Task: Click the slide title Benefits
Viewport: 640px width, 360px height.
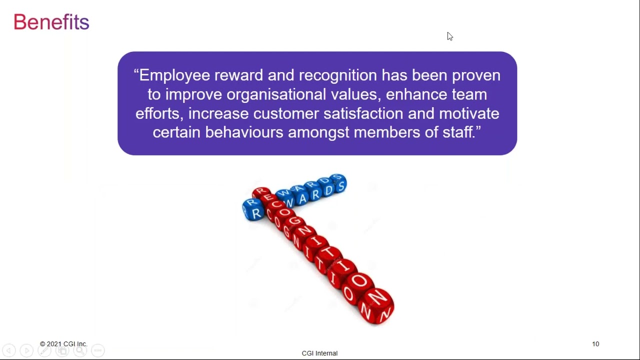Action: coord(51,22)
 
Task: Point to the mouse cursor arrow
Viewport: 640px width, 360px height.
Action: coord(449,36)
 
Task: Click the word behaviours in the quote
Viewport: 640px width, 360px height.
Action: coord(244,132)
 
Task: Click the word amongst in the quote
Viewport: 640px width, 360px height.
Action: coord(318,132)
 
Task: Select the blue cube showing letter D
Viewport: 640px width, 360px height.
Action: coord(327,190)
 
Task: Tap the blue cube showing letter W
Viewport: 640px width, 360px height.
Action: coord(288,199)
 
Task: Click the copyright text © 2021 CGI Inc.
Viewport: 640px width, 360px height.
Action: coord(63,344)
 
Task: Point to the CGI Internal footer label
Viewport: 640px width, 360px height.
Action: coord(319,353)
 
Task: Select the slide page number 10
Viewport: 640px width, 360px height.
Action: coord(595,344)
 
